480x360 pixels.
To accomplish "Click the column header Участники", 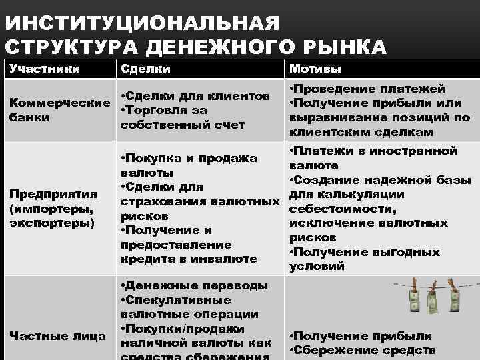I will [x=45, y=68].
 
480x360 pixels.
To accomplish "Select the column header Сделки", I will [x=145, y=68].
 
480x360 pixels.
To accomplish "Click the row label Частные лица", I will [x=57, y=335].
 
